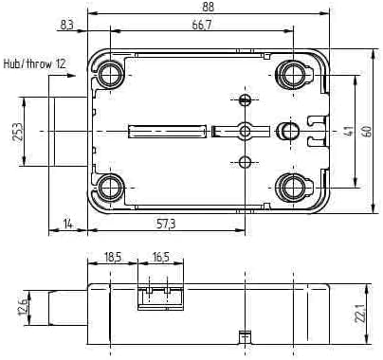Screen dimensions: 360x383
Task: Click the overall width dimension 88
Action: tap(208, 7)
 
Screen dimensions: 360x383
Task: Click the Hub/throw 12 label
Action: tap(35, 63)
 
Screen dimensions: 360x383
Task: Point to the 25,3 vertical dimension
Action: tap(17, 131)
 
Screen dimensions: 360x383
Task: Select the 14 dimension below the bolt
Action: tap(68, 224)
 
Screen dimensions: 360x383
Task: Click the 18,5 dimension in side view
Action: tap(112, 258)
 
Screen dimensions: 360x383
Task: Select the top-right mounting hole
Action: tap(294, 74)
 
